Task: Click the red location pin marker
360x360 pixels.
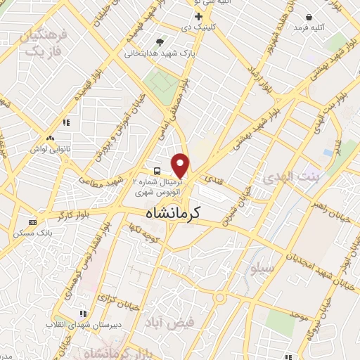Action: [181, 165]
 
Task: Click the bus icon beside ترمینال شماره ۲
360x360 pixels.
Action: [157, 171]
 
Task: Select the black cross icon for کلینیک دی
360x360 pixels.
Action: [199, 15]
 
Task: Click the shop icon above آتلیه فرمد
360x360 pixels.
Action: [310, 15]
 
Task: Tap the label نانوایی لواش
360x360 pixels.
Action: [49, 149]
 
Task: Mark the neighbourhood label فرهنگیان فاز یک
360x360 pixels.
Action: [44, 43]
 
